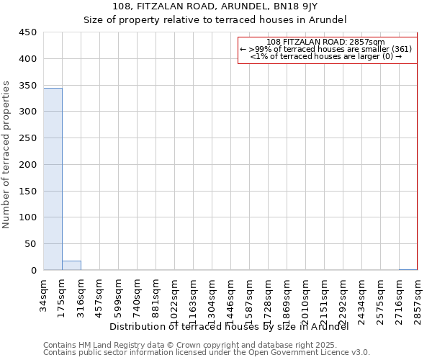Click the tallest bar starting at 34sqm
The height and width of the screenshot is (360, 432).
click(53, 179)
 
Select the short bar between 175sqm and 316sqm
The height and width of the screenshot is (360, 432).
click(71, 266)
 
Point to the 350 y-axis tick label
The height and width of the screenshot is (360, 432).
click(27, 86)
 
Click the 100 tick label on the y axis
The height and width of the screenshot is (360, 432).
click(27, 217)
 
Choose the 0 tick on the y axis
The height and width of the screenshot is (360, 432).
click(34, 271)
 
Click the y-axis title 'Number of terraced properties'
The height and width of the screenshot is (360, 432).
click(6, 155)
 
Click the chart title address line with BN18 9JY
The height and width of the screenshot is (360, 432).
click(215, 6)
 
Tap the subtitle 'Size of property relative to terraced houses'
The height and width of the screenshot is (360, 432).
click(215, 19)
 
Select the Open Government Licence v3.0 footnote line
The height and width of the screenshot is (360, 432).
click(207, 353)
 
